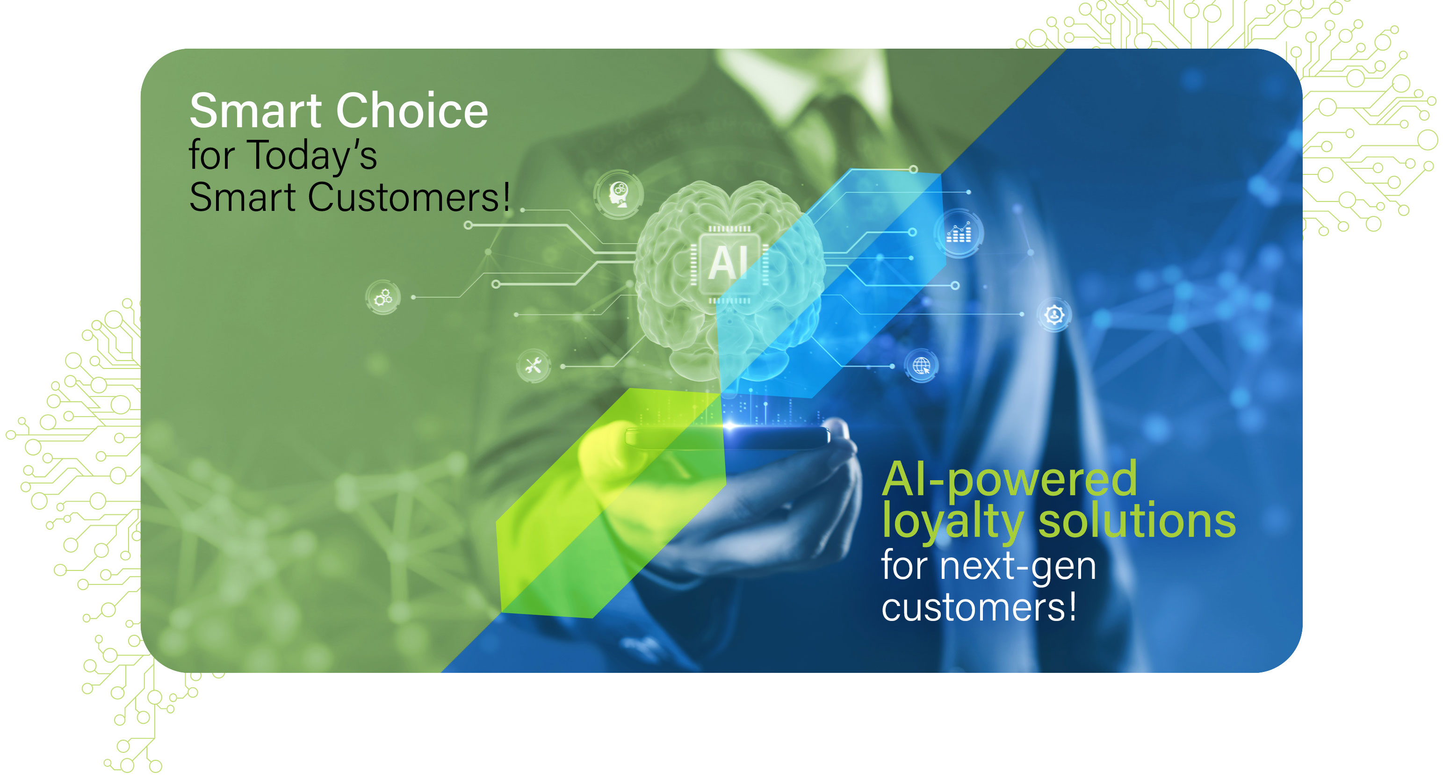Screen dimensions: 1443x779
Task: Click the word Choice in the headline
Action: pyautogui.click(x=412, y=110)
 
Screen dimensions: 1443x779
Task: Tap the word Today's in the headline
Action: pyautogui.click(x=313, y=156)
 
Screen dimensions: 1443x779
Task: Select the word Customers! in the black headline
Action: pyautogui.click(x=409, y=197)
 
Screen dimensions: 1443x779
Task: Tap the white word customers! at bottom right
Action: pyautogui.click(x=979, y=607)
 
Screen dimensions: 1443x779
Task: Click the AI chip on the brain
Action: pyautogui.click(x=728, y=263)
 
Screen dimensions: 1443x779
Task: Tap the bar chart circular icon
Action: pyautogui.click(x=959, y=233)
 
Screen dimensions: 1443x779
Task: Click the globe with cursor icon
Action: pyautogui.click(x=922, y=366)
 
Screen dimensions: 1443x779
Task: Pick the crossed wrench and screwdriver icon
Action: pyautogui.click(x=533, y=366)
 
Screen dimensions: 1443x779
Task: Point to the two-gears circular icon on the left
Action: pyautogui.click(x=383, y=297)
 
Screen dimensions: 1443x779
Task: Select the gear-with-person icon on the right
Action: pyautogui.click(x=1054, y=314)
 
